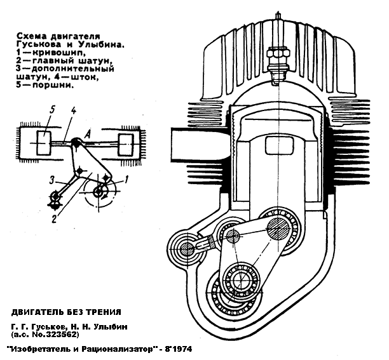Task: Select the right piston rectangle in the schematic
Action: pyautogui.click(x=129, y=143)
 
